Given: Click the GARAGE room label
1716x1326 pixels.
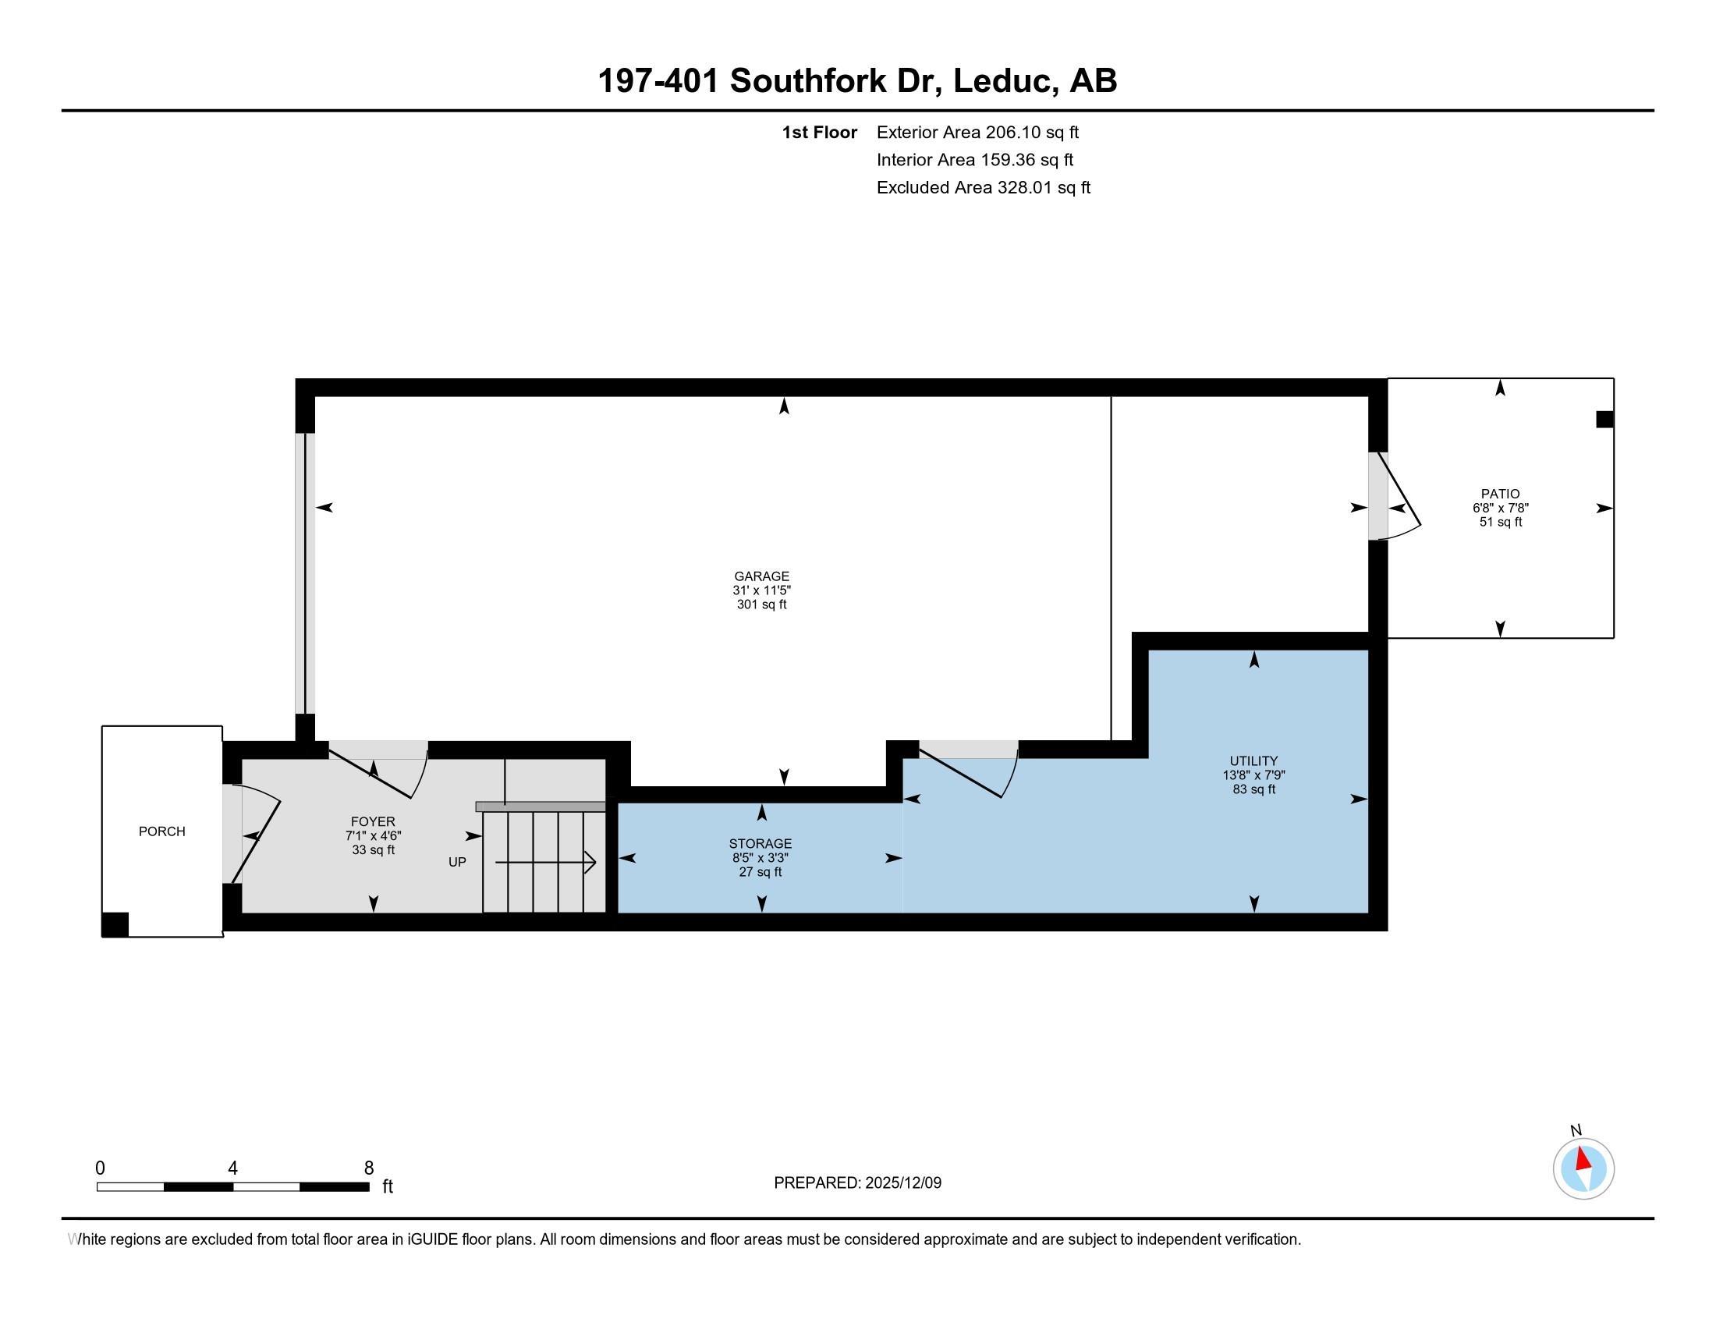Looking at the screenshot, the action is pyautogui.click(x=761, y=576).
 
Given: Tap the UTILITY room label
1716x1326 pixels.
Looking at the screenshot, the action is pyautogui.click(x=1253, y=760).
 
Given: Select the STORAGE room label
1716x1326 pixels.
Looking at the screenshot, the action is pyautogui.click(x=760, y=844).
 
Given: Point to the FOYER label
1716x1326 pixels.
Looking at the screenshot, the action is pyautogui.click(x=373, y=821).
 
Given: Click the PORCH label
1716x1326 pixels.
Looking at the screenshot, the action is pyautogui.click(x=162, y=831).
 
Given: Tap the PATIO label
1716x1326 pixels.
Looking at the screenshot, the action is pyautogui.click(x=1500, y=494).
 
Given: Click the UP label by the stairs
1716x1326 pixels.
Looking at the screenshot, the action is pyautogui.click(x=457, y=862).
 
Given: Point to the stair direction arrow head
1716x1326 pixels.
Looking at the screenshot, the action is pyautogui.click(x=591, y=863).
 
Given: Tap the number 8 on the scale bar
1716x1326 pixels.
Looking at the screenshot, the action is pyautogui.click(x=368, y=1168).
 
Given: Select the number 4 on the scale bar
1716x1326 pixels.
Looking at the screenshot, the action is pyautogui.click(x=232, y=1168).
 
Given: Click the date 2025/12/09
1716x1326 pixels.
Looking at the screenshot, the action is pyautogui.click(x=902, y=1182).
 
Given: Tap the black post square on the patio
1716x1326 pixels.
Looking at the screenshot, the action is pyautogui.click(x=1604, y=420).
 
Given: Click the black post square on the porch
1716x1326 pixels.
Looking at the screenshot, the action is pyautogui.click(x=115, y=924).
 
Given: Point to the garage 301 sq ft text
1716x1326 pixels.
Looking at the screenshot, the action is pyautogui.click(x=761, y=604).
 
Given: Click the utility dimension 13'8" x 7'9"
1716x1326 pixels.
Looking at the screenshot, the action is pyautogui.click(x=1253, y=775).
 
